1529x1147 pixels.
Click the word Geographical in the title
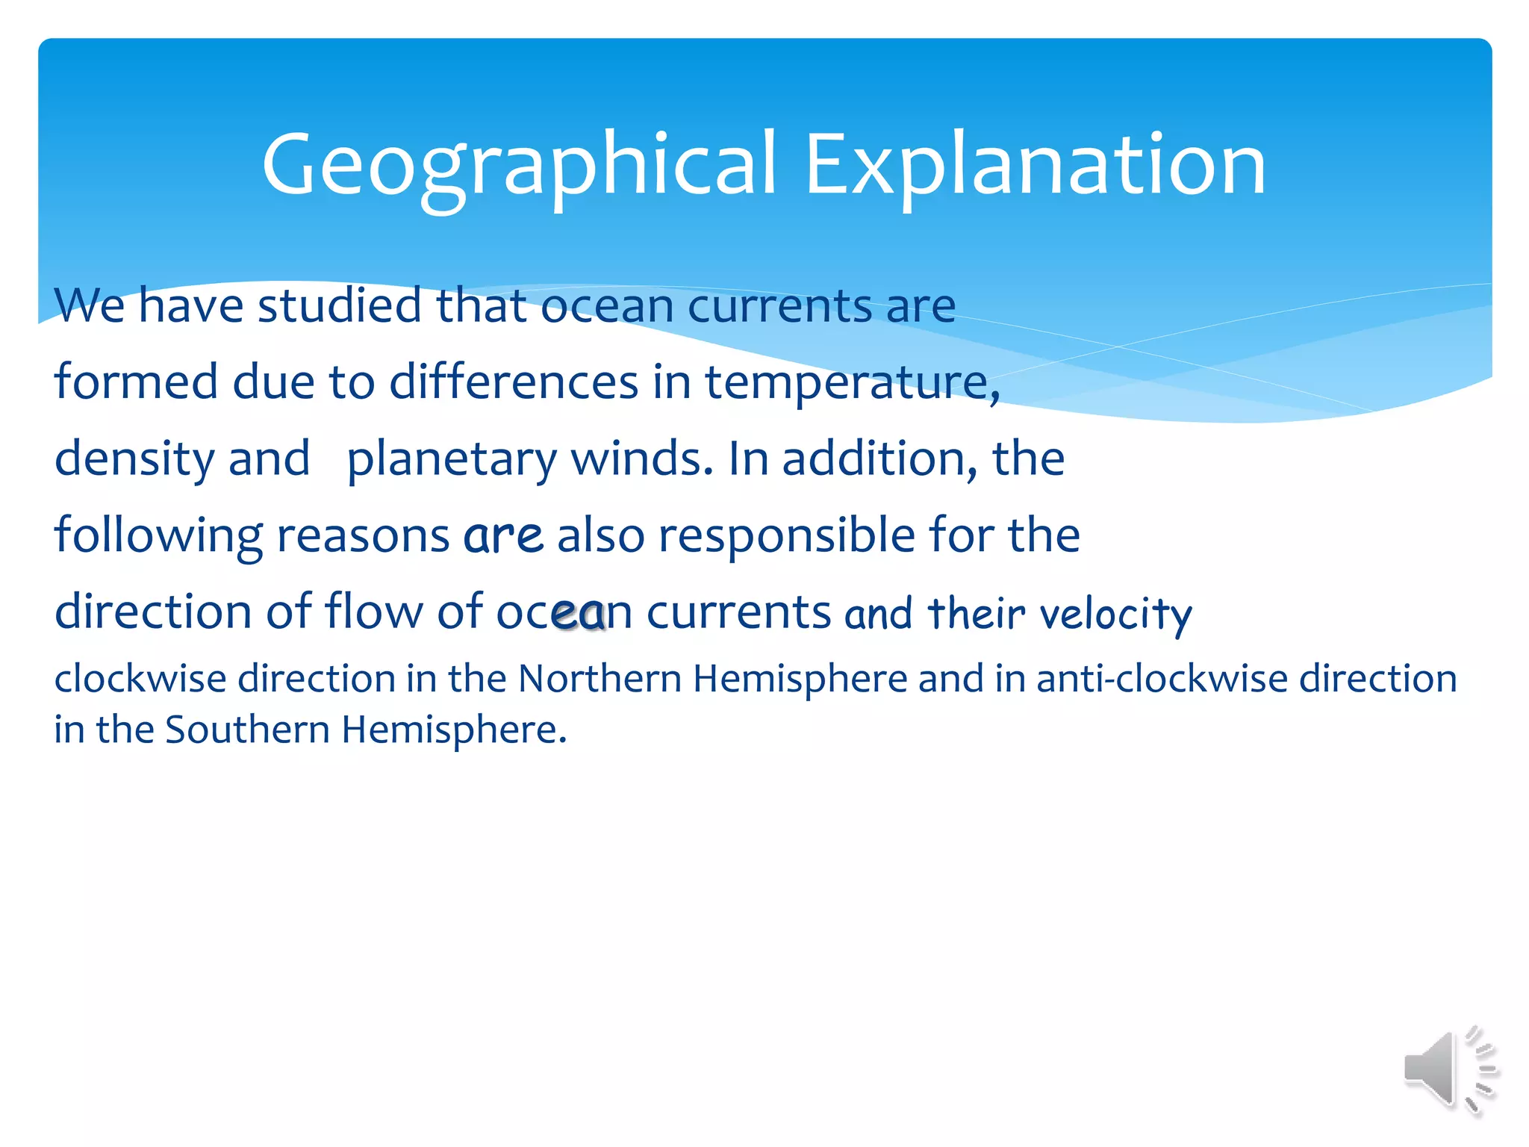click(519, 164)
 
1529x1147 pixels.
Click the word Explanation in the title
click(1035, 164)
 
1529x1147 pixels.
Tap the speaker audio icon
click(1448, 1069)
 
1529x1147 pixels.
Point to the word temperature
click(851, 383)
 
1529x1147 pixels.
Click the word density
click(134, 459)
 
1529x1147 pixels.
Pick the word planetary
click(451, 459)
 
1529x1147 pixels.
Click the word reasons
click(363, 536)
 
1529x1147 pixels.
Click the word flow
click(373, 612)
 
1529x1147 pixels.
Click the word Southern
click(246, 730)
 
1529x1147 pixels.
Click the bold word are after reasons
click(502, 536)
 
